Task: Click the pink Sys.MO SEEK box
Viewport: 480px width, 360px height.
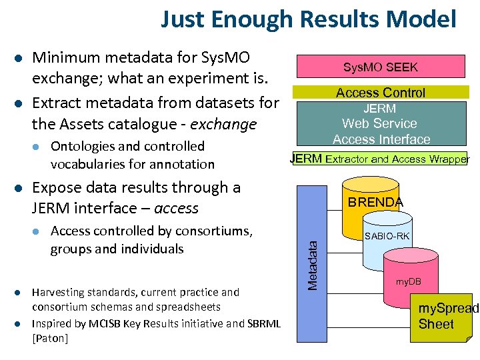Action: tap(380, 67)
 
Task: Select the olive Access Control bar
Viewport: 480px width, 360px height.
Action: tap(380, 93)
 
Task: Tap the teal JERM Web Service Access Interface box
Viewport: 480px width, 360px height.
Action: tap(381, 123)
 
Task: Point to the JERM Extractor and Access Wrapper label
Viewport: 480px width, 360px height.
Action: tap(379, 159)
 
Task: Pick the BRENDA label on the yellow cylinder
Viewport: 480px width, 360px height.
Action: tap(375, 202)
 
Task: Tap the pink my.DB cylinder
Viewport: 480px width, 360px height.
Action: tap(408, 282)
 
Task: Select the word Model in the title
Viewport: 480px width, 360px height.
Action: tap(429, 19)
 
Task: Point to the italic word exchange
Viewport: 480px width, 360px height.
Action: tap(223, 125)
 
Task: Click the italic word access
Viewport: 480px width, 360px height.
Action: tap(176, 208)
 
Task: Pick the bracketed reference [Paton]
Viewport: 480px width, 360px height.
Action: tap(50, 338)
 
